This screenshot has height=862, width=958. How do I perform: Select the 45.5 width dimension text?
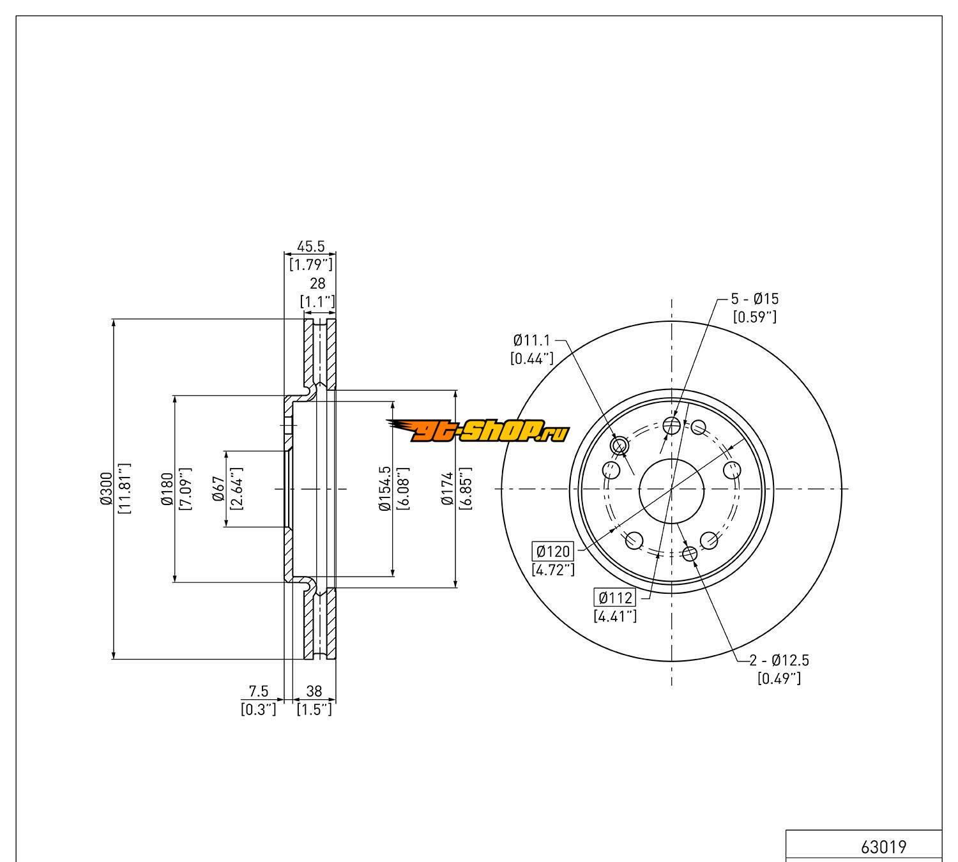pos(311,246)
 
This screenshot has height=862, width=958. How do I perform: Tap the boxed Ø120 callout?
pos(554,552)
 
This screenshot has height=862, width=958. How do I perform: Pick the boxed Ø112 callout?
pos(616,598)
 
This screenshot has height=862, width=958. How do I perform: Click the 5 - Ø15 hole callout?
pos(754,299)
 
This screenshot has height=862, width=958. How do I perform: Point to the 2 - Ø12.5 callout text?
pos(779,660)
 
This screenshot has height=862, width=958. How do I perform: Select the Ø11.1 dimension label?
pos(532,340)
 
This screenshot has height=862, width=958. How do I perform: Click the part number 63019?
pos(883,847)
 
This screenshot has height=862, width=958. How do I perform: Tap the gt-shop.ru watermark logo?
pos(478,430)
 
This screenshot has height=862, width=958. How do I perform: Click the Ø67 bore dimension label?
pos(218,488)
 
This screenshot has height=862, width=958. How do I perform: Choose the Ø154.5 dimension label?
pos(385,488)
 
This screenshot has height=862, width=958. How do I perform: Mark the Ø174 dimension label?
pos(447,488)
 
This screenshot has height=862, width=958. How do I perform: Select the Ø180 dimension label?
pos(167,488)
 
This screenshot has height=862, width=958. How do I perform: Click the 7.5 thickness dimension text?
pos(259,691)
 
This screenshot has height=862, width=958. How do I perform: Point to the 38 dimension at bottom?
pos(314,691)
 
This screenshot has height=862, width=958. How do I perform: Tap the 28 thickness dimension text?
pos(317,284)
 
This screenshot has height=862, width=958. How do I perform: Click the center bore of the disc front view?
pos(671,491)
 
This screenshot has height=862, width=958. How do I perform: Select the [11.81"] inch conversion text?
pos(124,488)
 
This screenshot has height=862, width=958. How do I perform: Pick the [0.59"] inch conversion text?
pos(755,317)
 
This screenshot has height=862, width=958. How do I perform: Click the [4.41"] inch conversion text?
pos(615,616)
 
